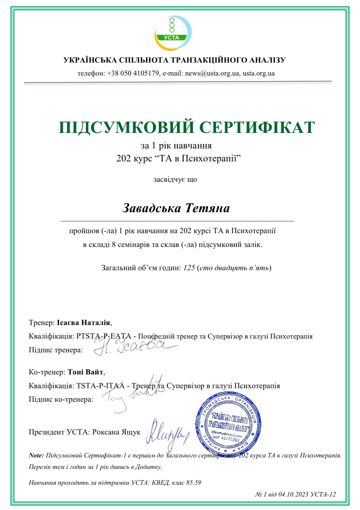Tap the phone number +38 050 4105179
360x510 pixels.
click(133, 73)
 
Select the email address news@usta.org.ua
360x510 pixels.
click(212, 73)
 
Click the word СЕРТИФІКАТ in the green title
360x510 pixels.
click(257, 127)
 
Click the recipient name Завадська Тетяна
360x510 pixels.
click(176, 208)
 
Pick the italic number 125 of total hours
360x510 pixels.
click(189, 268)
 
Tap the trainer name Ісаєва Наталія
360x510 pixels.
click(83, 322)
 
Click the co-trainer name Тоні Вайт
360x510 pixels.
click(85, 372)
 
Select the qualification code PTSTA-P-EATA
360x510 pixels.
click(104, 336)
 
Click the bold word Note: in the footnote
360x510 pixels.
click(36, 455)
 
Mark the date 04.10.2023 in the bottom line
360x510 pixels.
click(293, 494)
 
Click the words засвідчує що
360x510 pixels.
click(175, 179)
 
